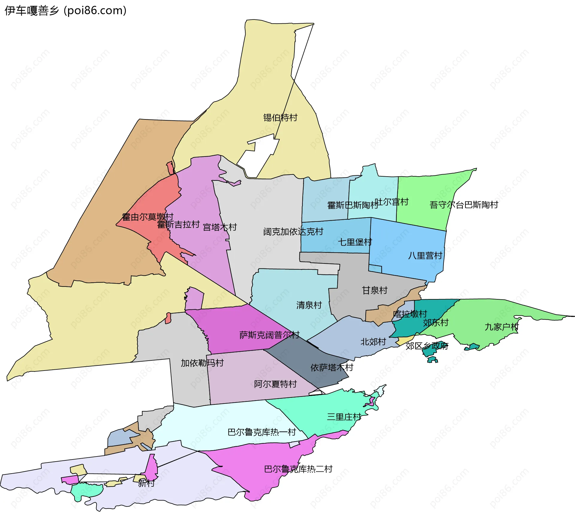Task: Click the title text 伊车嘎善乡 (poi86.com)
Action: tap(65, 10)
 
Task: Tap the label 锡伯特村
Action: tap(280, 118)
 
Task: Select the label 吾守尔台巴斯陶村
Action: tap(464, 205)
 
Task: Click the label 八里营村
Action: tap(425, 256)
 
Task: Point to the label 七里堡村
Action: tap(355, 242)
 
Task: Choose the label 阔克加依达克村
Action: tap(293, 232)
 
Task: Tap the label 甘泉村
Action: tap(375, 290)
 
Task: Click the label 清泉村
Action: tap(309, 305)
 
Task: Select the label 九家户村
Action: tap(501, 327)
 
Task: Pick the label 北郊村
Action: tap(373, 342)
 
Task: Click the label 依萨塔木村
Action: tap(332, 368)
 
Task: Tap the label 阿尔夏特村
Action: tap(275, 384)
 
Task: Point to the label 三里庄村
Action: tap(344, 417)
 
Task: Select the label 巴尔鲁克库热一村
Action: tap(261, 432)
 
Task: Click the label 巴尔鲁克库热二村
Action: tap(298, 469)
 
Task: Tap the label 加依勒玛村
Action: tap(202, 363)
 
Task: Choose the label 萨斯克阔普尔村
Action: tap(269, 335)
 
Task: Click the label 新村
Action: tap(146, 483)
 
